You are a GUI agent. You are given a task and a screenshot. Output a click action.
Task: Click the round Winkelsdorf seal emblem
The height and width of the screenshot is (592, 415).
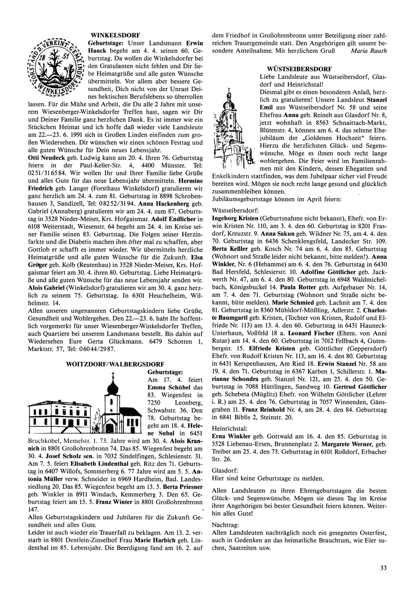(x=57, y=67)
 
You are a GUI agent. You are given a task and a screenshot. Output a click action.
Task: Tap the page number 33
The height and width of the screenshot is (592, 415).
(x=383, y=568)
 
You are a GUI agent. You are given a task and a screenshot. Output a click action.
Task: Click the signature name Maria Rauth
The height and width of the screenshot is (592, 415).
(x=369, y=51)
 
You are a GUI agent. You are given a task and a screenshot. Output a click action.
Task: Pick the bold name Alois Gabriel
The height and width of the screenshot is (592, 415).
(x=47, y=287)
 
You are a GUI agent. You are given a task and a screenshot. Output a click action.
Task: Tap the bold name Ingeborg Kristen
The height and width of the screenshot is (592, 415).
(x=236, y=218)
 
